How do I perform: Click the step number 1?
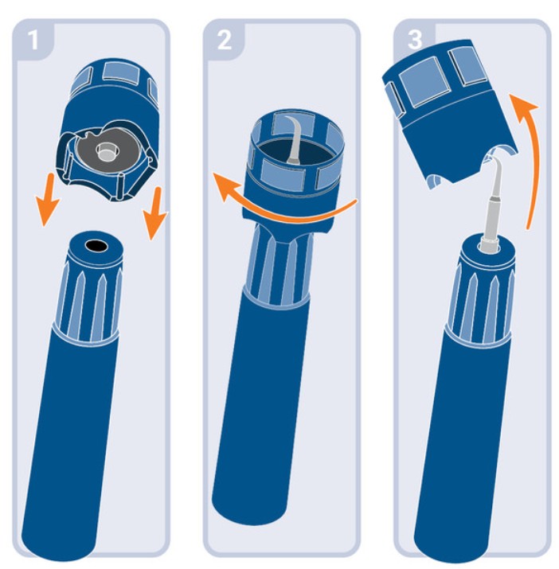tap(33, 40)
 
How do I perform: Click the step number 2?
tap(224, 40)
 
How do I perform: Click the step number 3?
tap(415, 40)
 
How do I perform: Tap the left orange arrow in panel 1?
tap(47, 200)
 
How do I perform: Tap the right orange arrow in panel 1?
tap(155, 213)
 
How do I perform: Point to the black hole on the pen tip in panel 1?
tap(96, 246)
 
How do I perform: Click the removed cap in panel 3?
tap(450, 112)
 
